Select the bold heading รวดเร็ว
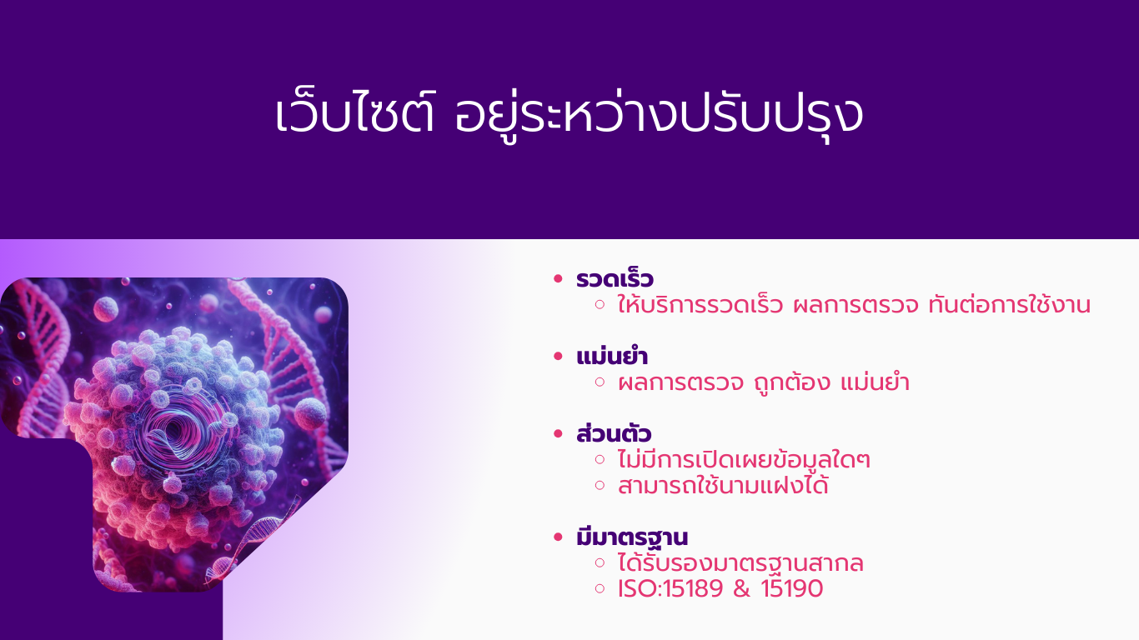pyautogui.click(x=615, y=278)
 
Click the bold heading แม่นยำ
pyautogui.click(x=612, y=356)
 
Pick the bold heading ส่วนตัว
pyautogui.click(x=614, y=433)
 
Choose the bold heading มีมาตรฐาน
pyautogui.click(x=632, y=537)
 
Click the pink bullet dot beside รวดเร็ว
pyautogui.click(x=558, y=278)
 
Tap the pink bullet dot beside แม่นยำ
pyautogui.click(x=558, y=356)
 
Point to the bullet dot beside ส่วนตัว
pyautogui.click(x=558, y=433)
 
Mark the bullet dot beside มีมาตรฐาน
pyautogui.click(x=558, y=537)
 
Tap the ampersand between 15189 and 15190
pyautogui.click(x=742, y=588)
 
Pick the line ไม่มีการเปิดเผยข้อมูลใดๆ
pyautogui.click(x=744, y=459)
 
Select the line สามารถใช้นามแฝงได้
pyautogui.click(x=723, y=485)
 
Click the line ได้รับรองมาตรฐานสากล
pyautogui.click(x=741, y=563)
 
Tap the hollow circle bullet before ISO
pyautogui.click(x=600, y=588)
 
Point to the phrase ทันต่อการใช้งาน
pyautogui.click(x=1009, y=304)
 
